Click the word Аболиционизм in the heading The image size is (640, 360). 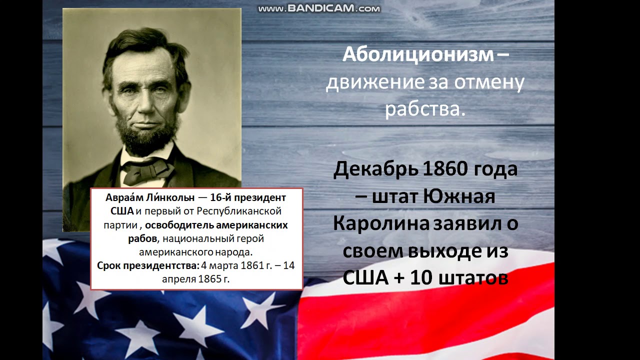(417, 55)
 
